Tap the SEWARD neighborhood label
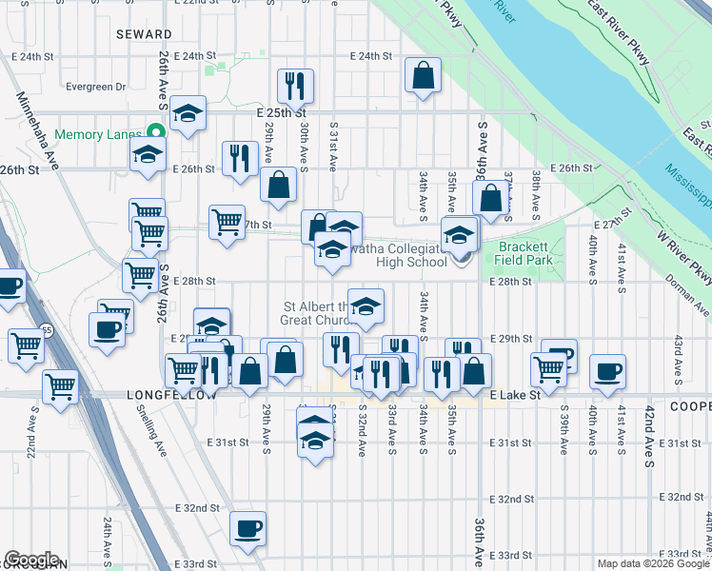[x=144, y=33]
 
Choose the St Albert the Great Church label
[x=316, y=313]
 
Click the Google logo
[x=31, y=560]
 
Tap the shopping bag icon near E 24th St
[x=423, y=75]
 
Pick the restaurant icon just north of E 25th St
[x=294, y=86]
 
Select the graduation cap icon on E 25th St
[x=188, y=113]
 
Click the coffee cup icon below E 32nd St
[x=248, y=528]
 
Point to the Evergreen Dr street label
[x=96, y=87]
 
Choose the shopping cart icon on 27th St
[x=227, y=223]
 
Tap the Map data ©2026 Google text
[x=651, y=563]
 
